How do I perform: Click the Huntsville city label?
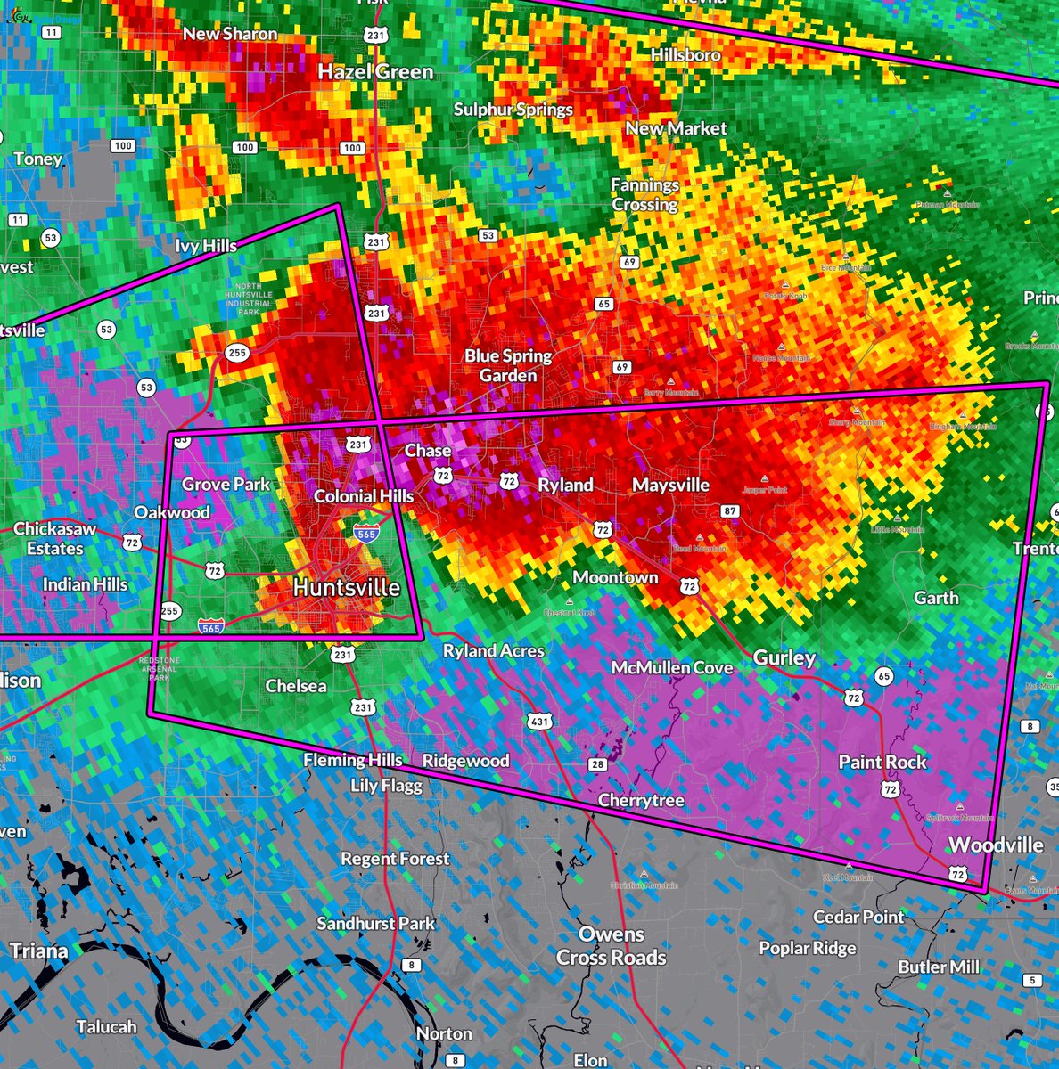click(x=346, y=588)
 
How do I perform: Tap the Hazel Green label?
click(x=375, y=71)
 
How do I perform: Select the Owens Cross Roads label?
click(x=612, y=946)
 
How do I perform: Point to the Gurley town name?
click(x=784, y=657)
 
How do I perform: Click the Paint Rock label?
click(x=882, y=762)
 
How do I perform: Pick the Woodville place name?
click(x=996, y=845)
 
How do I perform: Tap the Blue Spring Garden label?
click(x=508, y=365)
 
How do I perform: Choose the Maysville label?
click(x=670, y=485)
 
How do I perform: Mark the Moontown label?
click(x=615, y=577)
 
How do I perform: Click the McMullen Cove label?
click(x=671, y=667)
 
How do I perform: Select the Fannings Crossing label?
click(x=644, y=194)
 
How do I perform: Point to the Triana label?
click(x=39, y=951)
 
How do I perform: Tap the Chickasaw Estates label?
click(x=54, y=539)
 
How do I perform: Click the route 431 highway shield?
click(x=538, y=721)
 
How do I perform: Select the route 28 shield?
click(x=597, y=764)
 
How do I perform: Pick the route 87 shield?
click(x=731, y=511)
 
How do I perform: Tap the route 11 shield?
click(x=52, y=33)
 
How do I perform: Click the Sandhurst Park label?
click(x=375, y=923)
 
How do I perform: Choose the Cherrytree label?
click(x=641, y=800)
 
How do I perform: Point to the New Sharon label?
click(x=230, y=34)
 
